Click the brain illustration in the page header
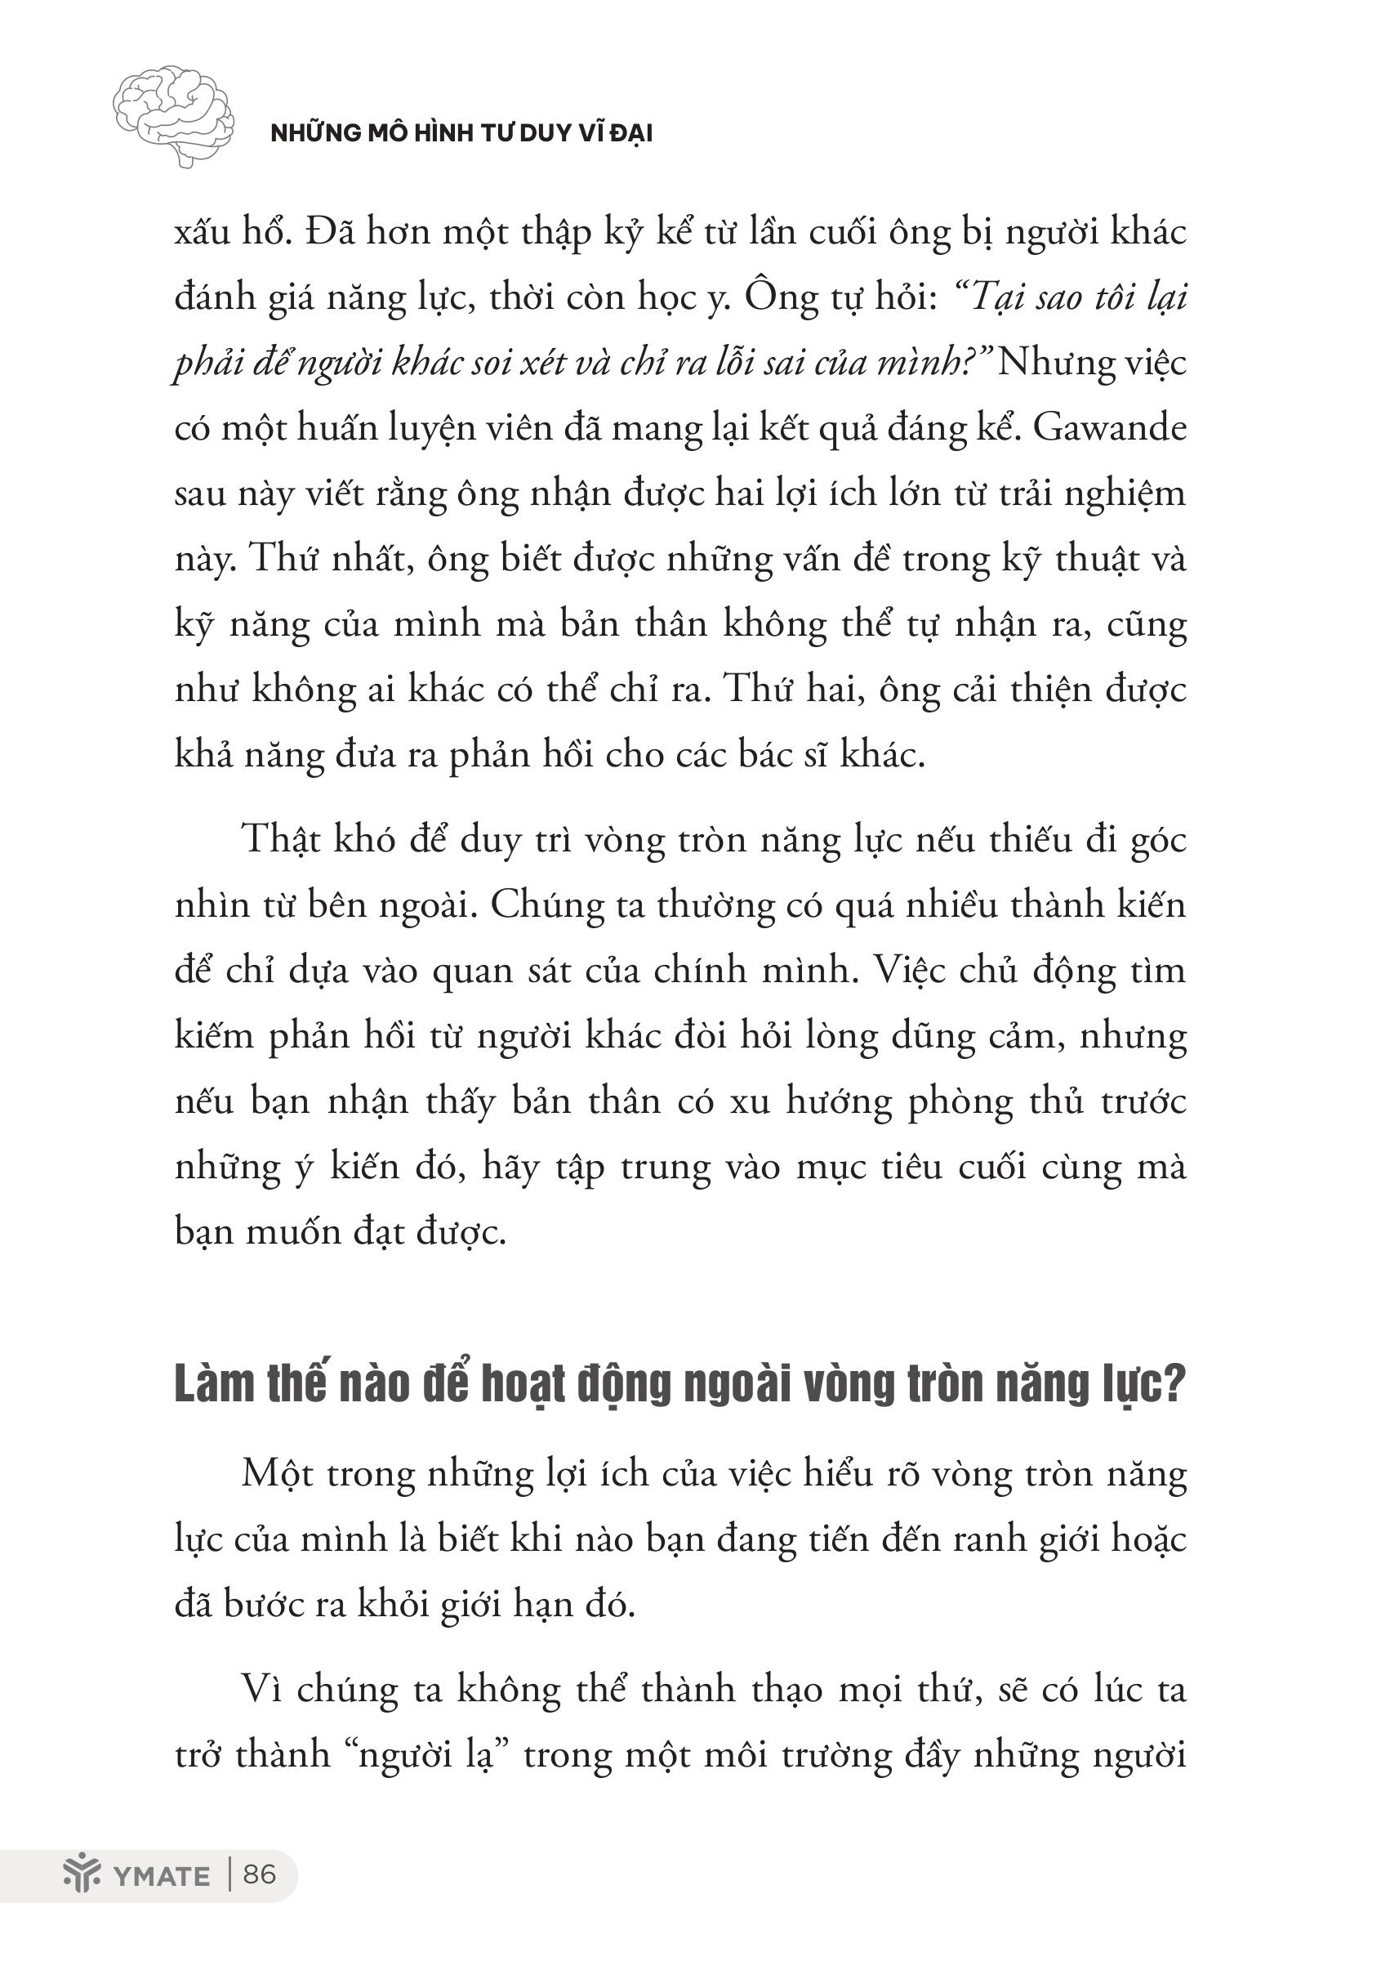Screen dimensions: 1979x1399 (173, 114)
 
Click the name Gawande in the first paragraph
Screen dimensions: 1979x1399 (1110, 427)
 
